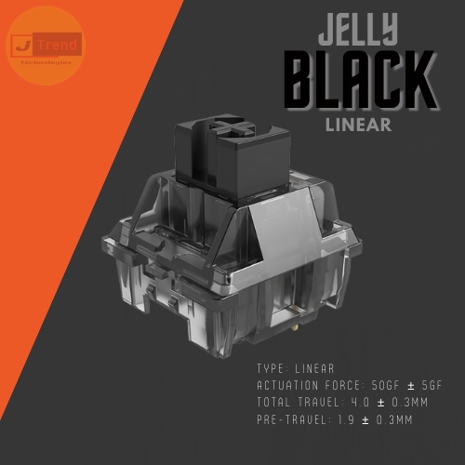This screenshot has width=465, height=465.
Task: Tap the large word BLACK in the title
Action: click(360, 82)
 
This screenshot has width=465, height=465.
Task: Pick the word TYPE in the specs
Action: click(272, 369)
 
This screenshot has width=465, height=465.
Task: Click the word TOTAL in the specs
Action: click(275, 402)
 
